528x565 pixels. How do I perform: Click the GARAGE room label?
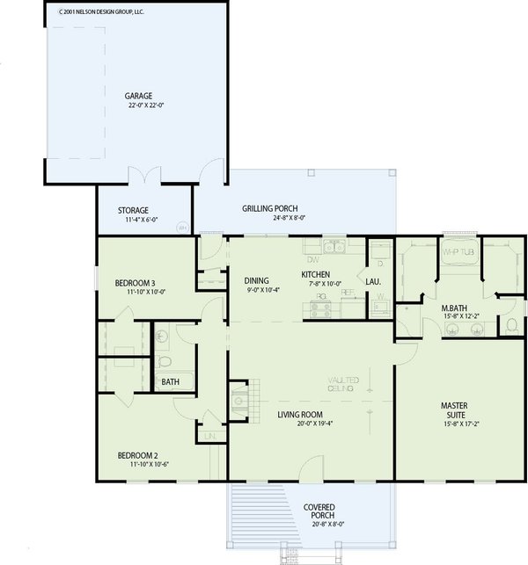139,95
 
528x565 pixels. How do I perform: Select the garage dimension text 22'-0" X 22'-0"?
146,105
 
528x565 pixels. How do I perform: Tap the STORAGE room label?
133,210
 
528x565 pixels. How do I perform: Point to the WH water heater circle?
183,227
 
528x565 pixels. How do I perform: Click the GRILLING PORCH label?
273,209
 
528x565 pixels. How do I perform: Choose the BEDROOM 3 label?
136,283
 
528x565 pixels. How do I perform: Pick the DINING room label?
257,281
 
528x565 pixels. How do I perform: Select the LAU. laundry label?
374,282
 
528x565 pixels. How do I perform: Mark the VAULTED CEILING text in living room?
341,383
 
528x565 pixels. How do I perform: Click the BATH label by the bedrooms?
169,382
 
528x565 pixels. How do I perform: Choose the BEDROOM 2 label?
138,455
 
